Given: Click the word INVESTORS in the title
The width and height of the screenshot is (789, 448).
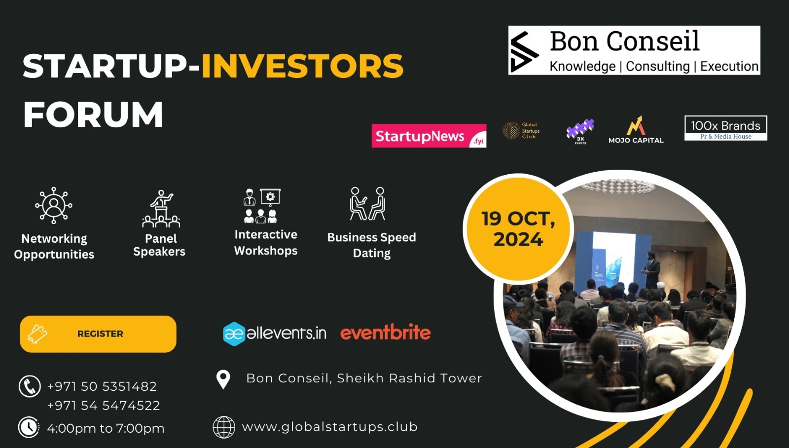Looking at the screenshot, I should point(302,67).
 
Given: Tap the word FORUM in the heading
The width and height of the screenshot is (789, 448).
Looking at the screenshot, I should point(93,114).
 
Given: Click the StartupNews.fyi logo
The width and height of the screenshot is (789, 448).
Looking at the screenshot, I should point(429,136).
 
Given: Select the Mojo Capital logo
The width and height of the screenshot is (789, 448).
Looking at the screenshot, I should point(636,130).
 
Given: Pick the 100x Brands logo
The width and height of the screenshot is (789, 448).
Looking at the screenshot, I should point(725,128).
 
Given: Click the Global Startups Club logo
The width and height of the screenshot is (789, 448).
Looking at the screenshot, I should point(521,131).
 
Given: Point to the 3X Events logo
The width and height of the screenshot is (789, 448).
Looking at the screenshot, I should point(580,131).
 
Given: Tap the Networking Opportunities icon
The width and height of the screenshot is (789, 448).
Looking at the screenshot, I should point(54,205).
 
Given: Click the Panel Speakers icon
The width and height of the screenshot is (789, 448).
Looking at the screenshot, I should point(161,209).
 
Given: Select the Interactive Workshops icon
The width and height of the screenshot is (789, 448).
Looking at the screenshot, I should point(262,206).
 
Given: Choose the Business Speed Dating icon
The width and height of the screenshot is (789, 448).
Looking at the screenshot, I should point(368,203).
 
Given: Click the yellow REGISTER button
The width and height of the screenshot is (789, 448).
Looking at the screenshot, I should point(98,334).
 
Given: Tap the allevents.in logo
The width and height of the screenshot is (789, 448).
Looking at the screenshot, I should point(275,334).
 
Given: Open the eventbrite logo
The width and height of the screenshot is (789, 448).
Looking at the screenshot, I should point(385,333).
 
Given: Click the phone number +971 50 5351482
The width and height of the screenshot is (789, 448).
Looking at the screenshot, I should point(102,386).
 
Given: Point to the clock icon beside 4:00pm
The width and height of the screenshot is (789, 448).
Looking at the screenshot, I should point(29,427).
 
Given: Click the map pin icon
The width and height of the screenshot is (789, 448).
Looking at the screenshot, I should point(223,379).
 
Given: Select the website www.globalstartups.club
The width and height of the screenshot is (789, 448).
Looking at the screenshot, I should point(329,427).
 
